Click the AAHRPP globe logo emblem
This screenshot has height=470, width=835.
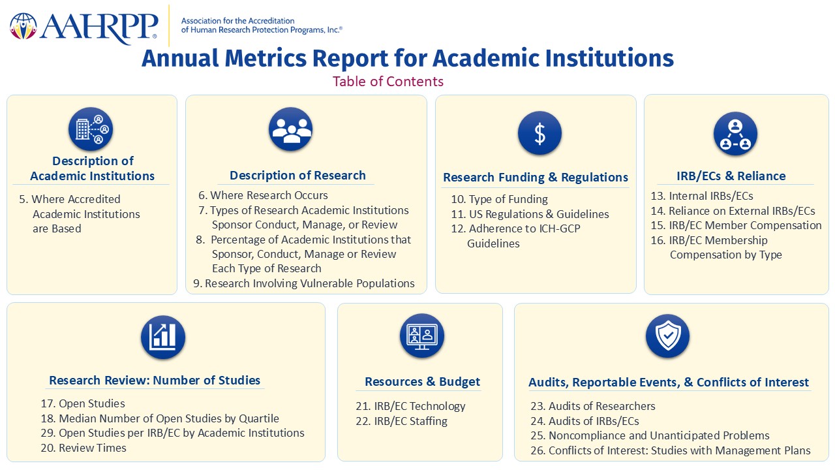click(23, 26)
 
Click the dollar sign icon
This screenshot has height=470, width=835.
click(539, 133)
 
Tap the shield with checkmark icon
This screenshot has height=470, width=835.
click(667, 336)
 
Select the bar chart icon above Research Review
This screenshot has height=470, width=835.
click(163, 337)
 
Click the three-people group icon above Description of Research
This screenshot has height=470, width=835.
click(290, 129)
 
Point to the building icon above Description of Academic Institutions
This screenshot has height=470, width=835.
click(91, 129)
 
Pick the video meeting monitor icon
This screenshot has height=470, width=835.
click(421, 336)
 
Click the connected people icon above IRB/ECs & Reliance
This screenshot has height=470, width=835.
click(735, 134)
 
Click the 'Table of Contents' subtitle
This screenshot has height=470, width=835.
click(388, 82)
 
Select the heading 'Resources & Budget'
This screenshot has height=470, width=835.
click(422, 382)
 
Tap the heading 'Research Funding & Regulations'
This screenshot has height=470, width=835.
click(536, 177)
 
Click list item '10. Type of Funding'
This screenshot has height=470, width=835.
click(499, 199)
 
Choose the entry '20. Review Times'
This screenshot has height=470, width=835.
click(83, 448)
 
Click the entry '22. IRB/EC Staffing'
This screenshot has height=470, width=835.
click(401, 421)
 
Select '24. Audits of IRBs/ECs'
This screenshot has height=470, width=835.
click(584, 421)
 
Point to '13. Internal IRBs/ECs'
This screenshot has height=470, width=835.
click(702, 196)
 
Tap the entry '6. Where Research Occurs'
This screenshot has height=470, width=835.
click(263, 195)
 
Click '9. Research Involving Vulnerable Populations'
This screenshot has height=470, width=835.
click(304, 283)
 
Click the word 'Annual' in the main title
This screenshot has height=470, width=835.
click(180, 58)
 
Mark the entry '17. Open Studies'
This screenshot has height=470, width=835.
click(83, 403)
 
